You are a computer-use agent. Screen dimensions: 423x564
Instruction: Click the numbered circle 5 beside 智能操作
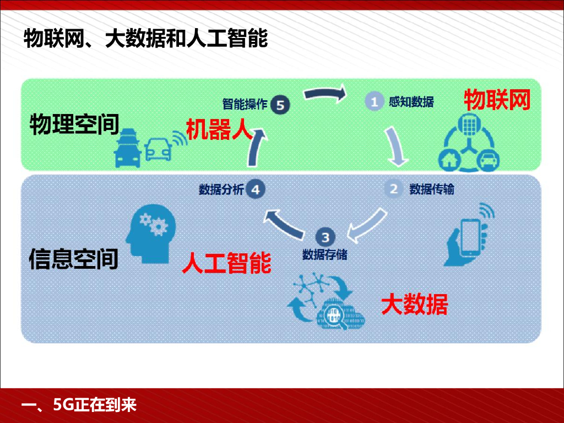click(280, 105)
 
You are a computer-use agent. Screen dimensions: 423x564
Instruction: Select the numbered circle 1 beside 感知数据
click(374, 102)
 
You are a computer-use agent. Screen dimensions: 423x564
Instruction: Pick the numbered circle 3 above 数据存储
click(325, 237)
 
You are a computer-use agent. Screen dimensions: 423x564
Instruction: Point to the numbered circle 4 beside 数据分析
click(255, 189)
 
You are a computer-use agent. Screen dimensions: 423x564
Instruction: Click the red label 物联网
click(497, 100)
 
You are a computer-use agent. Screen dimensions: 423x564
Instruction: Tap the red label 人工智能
click(226, 263)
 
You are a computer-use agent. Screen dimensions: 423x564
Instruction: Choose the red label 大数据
click(415, 304)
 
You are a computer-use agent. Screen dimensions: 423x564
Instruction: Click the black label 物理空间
click(74, 124)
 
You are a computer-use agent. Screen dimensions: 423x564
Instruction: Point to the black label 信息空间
click(74, 258)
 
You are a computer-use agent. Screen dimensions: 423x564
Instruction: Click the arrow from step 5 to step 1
click(324, 94)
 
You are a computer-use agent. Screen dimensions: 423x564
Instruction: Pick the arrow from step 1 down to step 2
click(397, 147)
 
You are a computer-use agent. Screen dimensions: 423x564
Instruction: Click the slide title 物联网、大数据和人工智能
click(145, 39)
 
